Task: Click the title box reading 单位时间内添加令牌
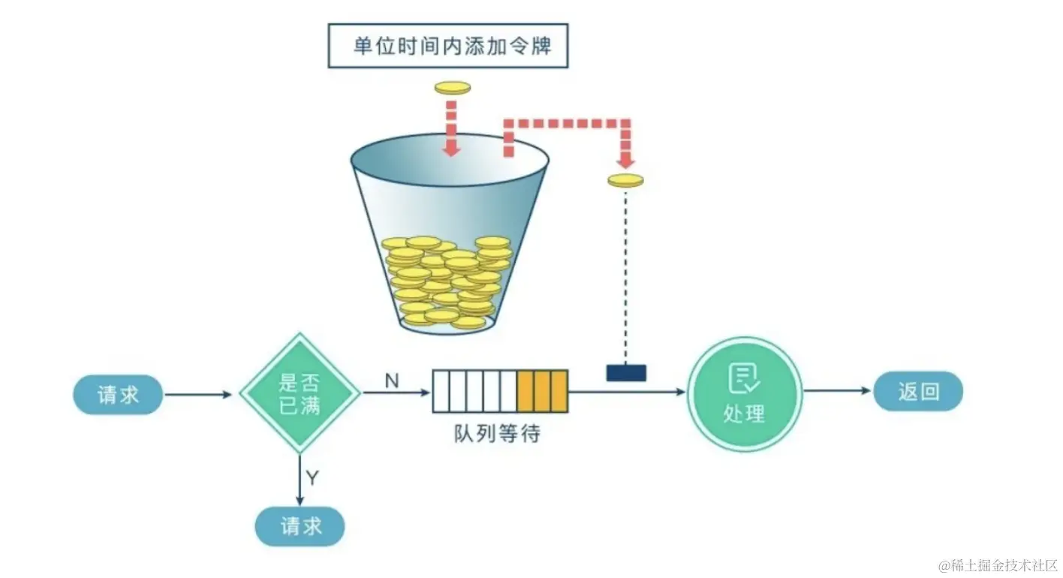[x=447, y=47]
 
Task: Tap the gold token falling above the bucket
[x=452, y=88]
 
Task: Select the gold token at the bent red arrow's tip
[x=625, y=180]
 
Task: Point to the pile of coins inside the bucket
[x=446, y=281]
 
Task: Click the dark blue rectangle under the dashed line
[x=625, y=372]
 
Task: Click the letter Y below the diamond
[x=312, y=477]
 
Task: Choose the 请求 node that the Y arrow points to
[x=300, y=526]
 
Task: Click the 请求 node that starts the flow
[x=118, y=394]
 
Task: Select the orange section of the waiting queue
[x=542, y=391]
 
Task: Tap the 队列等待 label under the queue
[x=497, y=433]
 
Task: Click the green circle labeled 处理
[x=745, y=393]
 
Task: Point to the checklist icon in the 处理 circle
[x=744, y=379]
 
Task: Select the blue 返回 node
[x=917, y=391]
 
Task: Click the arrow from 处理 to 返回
[x=837, y=391]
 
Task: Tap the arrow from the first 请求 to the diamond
[x=199, y=394]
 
